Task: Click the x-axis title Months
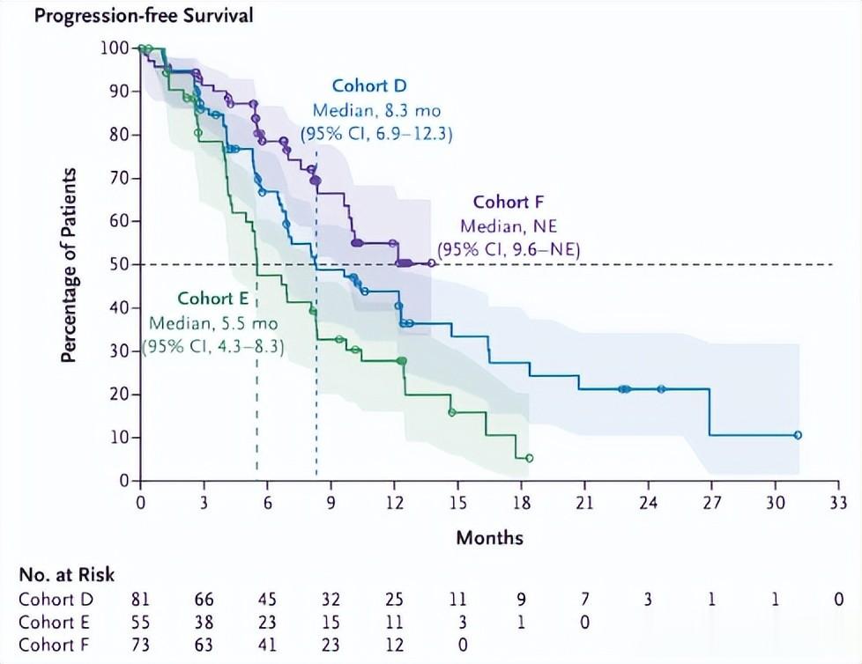489,537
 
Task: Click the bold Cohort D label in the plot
368,86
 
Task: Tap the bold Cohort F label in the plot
508,203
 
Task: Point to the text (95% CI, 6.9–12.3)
377,134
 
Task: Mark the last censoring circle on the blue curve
798,435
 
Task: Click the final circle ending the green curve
529,458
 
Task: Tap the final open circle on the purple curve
431,262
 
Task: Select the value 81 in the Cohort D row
140,599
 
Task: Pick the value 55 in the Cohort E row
140,621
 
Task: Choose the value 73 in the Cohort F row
140,643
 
